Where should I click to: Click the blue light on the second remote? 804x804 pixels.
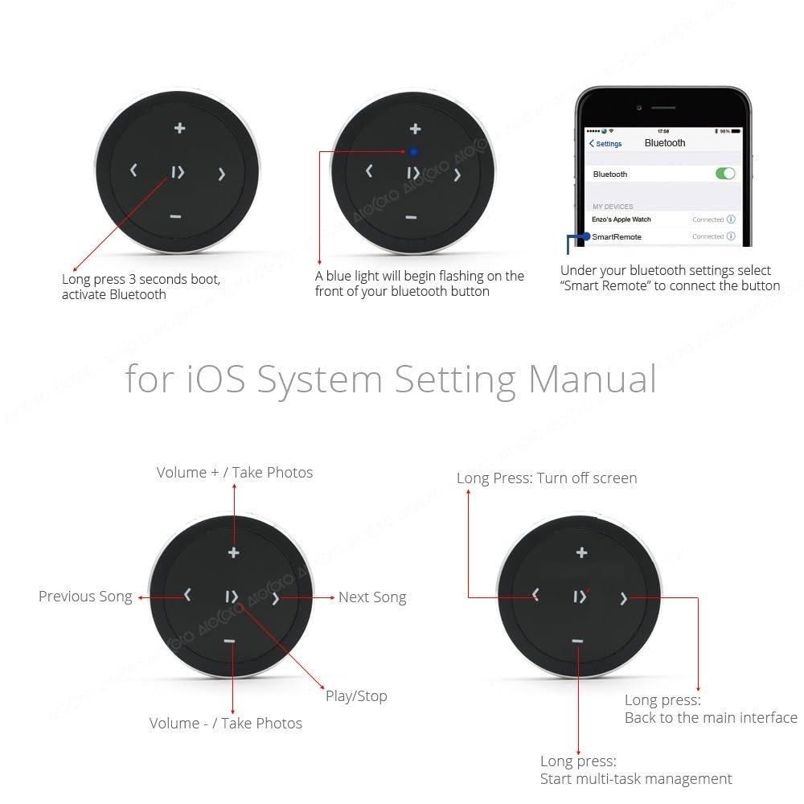(414, 152)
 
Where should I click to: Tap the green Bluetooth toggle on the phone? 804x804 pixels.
(725, 174)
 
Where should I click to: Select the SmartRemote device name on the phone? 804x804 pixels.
(617, 237)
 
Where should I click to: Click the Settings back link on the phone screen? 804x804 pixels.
(605, 144)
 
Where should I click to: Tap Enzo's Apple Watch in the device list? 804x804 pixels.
(621, 219)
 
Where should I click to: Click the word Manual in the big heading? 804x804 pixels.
(593, 379)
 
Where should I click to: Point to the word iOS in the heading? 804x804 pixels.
(215, 379)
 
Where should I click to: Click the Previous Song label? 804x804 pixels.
(85, 597)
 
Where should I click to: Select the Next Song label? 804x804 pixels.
(372, 597)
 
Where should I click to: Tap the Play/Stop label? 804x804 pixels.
(356, 696)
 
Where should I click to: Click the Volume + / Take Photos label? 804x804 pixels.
(234, 472)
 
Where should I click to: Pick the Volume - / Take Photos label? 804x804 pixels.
(226, 723)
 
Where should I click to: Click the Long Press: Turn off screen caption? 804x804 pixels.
(547, 478)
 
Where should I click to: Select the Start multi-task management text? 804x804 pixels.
(636, 779)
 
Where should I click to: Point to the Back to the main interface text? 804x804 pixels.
(711, 717)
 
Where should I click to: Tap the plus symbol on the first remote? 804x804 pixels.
(179, 128)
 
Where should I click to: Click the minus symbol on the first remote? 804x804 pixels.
(175, 217)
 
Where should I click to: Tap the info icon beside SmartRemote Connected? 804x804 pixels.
(731, 236)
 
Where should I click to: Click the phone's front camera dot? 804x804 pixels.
(639, 108)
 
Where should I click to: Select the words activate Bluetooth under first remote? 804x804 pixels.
(114, 294)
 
